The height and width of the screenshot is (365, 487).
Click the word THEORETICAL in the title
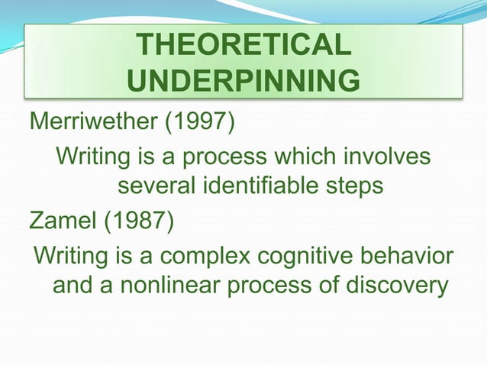pos(243,46)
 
